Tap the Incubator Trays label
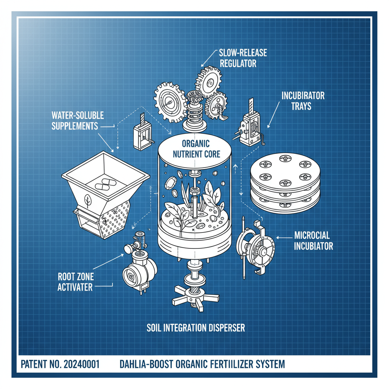[x=303, y=100]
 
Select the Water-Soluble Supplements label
[x=77, y=120]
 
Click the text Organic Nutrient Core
[x=196, y=149]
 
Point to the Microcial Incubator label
[x=313, y=241]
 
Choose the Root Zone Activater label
[x=75, y=281]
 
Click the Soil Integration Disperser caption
[x=196, y=327]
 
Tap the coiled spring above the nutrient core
[x=195, y=110]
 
